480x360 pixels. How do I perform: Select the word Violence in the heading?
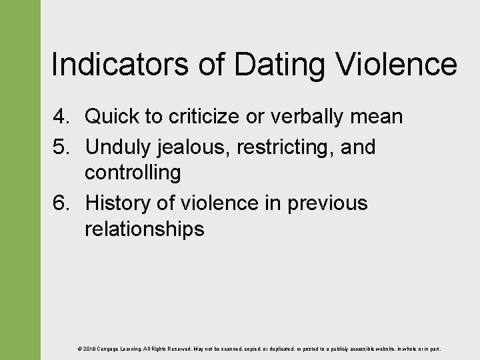396,65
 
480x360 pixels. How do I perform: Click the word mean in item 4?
376,117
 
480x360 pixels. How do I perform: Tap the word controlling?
132,173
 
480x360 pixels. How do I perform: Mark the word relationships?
144,229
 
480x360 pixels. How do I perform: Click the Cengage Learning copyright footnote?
259,349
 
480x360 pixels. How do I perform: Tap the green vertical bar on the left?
20,180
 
